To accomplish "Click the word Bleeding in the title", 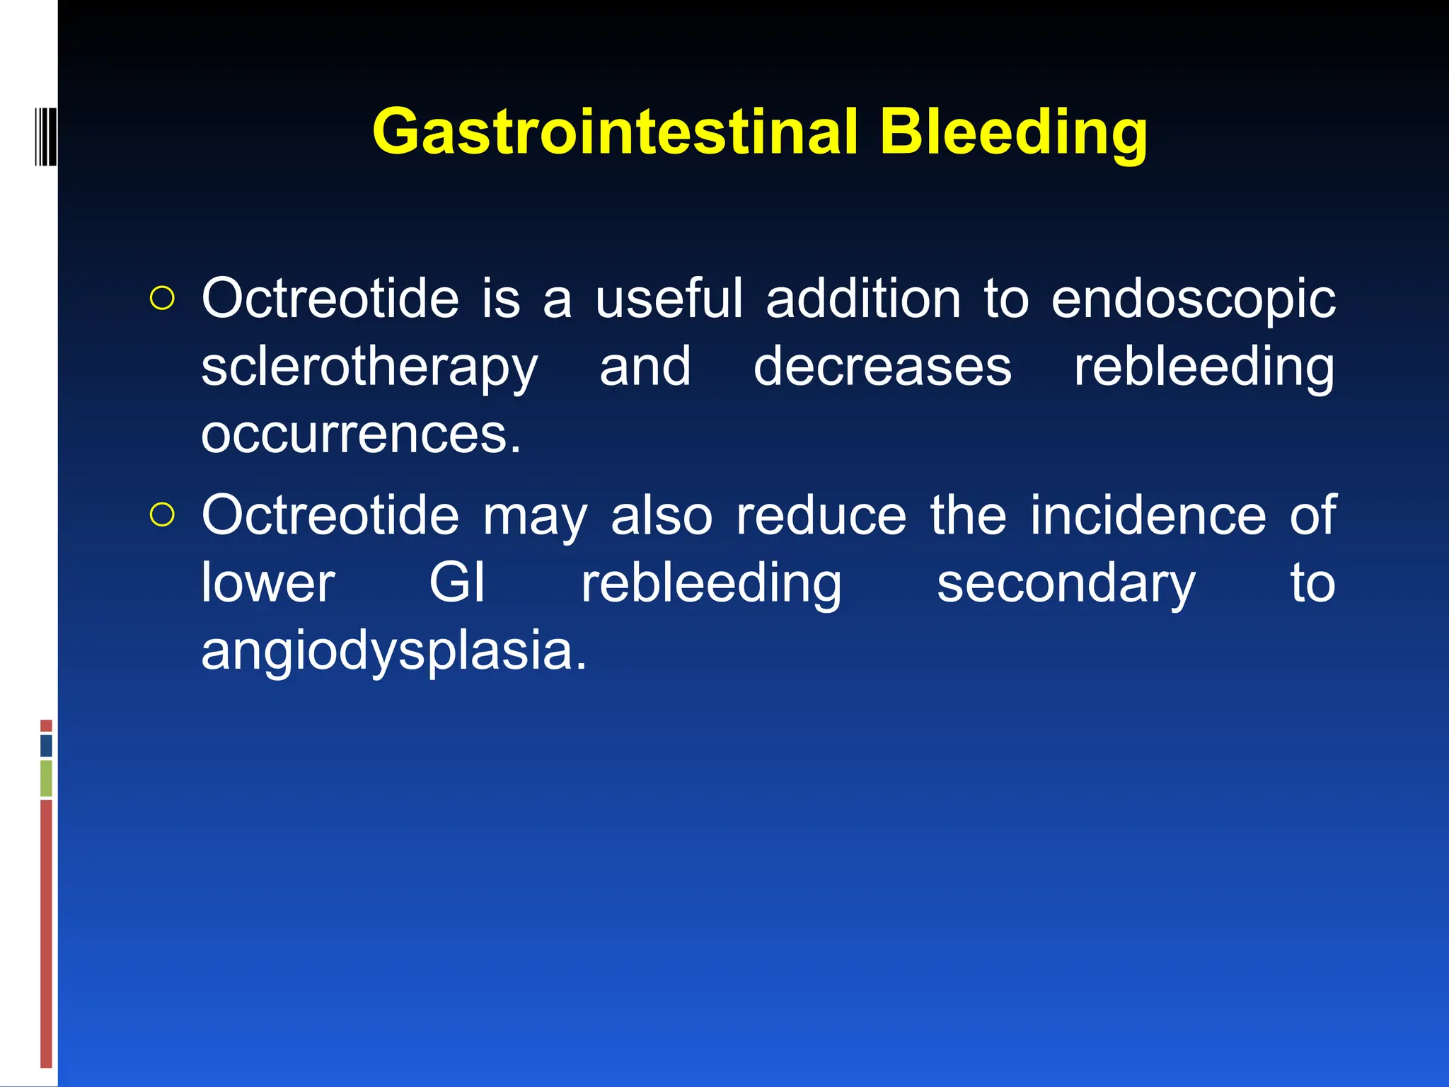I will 1013,132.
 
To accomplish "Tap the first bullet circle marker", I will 162,299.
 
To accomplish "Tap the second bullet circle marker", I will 162,515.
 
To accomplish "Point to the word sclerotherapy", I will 369,368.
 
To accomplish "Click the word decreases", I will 882,367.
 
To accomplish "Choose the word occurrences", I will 361,435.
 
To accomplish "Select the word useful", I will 669,299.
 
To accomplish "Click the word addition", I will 863,299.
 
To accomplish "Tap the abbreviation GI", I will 457,583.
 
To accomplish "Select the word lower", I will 267,583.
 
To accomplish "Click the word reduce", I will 821,515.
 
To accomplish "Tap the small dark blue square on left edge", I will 46,745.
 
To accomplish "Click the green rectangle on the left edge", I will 46,778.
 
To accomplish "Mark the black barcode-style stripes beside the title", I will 45,135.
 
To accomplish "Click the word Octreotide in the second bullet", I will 330,515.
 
